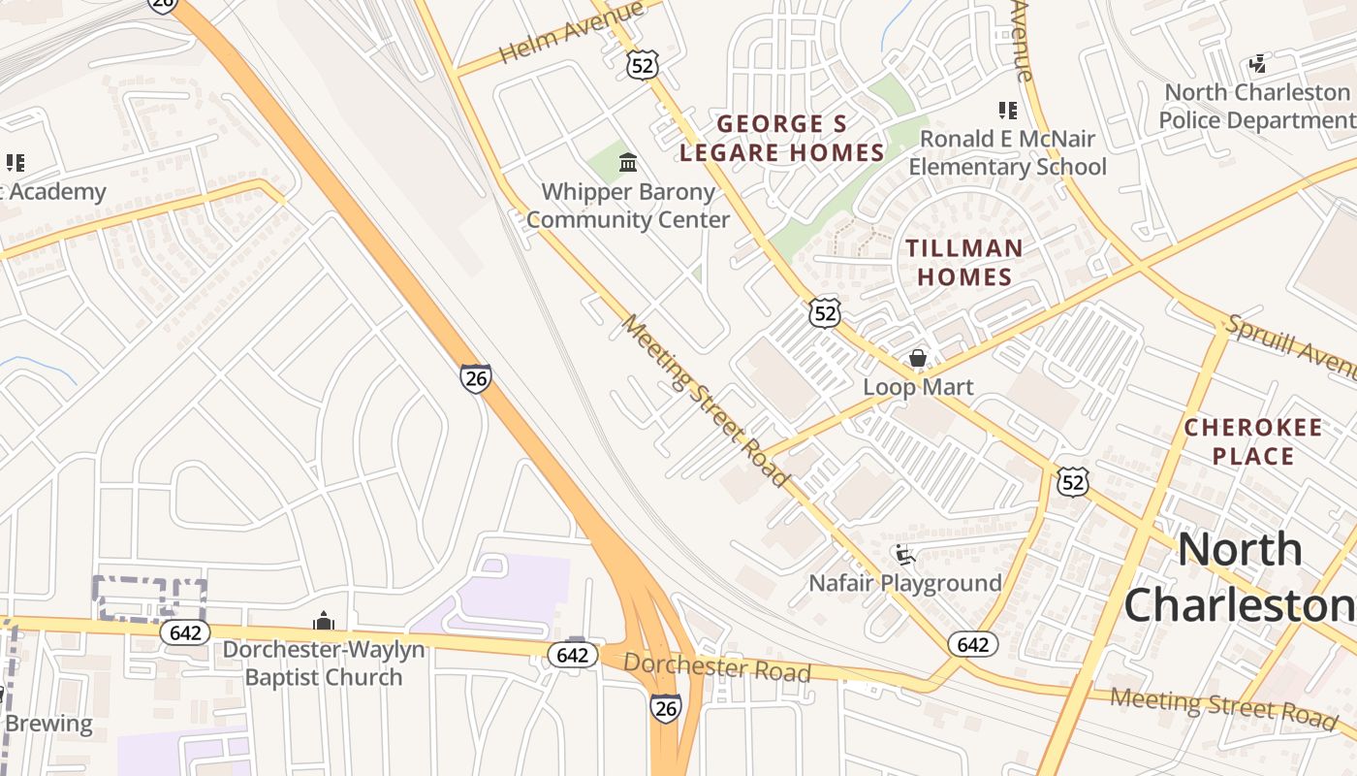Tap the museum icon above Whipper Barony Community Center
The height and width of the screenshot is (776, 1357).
point(627,161)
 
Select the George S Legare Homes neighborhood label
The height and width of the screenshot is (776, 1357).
point(781,138)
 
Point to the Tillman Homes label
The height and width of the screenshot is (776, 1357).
point(964,262)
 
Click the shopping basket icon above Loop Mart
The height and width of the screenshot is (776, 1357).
point(918,359)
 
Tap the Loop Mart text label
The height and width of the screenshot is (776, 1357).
point(918,387)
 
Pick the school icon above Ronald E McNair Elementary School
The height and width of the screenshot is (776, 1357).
point(1008,111)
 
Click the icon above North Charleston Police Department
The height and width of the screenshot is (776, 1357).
point(1257,65)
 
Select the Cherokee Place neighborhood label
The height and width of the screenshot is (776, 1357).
point(1253,441)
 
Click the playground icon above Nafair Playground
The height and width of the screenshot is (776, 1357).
point(905,556)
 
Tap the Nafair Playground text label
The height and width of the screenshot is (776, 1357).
point(905,583)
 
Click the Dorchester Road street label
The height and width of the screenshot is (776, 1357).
point(716,667)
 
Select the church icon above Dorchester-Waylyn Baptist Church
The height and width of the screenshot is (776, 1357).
point(324,622)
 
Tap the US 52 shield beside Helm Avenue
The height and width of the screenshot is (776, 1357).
point(642,65)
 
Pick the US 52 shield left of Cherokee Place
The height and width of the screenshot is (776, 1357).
point(1073,481)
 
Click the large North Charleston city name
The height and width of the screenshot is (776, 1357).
point(1240,577)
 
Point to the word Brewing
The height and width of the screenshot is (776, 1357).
point(48,724)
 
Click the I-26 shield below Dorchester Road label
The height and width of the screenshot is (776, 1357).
point(665,708)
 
